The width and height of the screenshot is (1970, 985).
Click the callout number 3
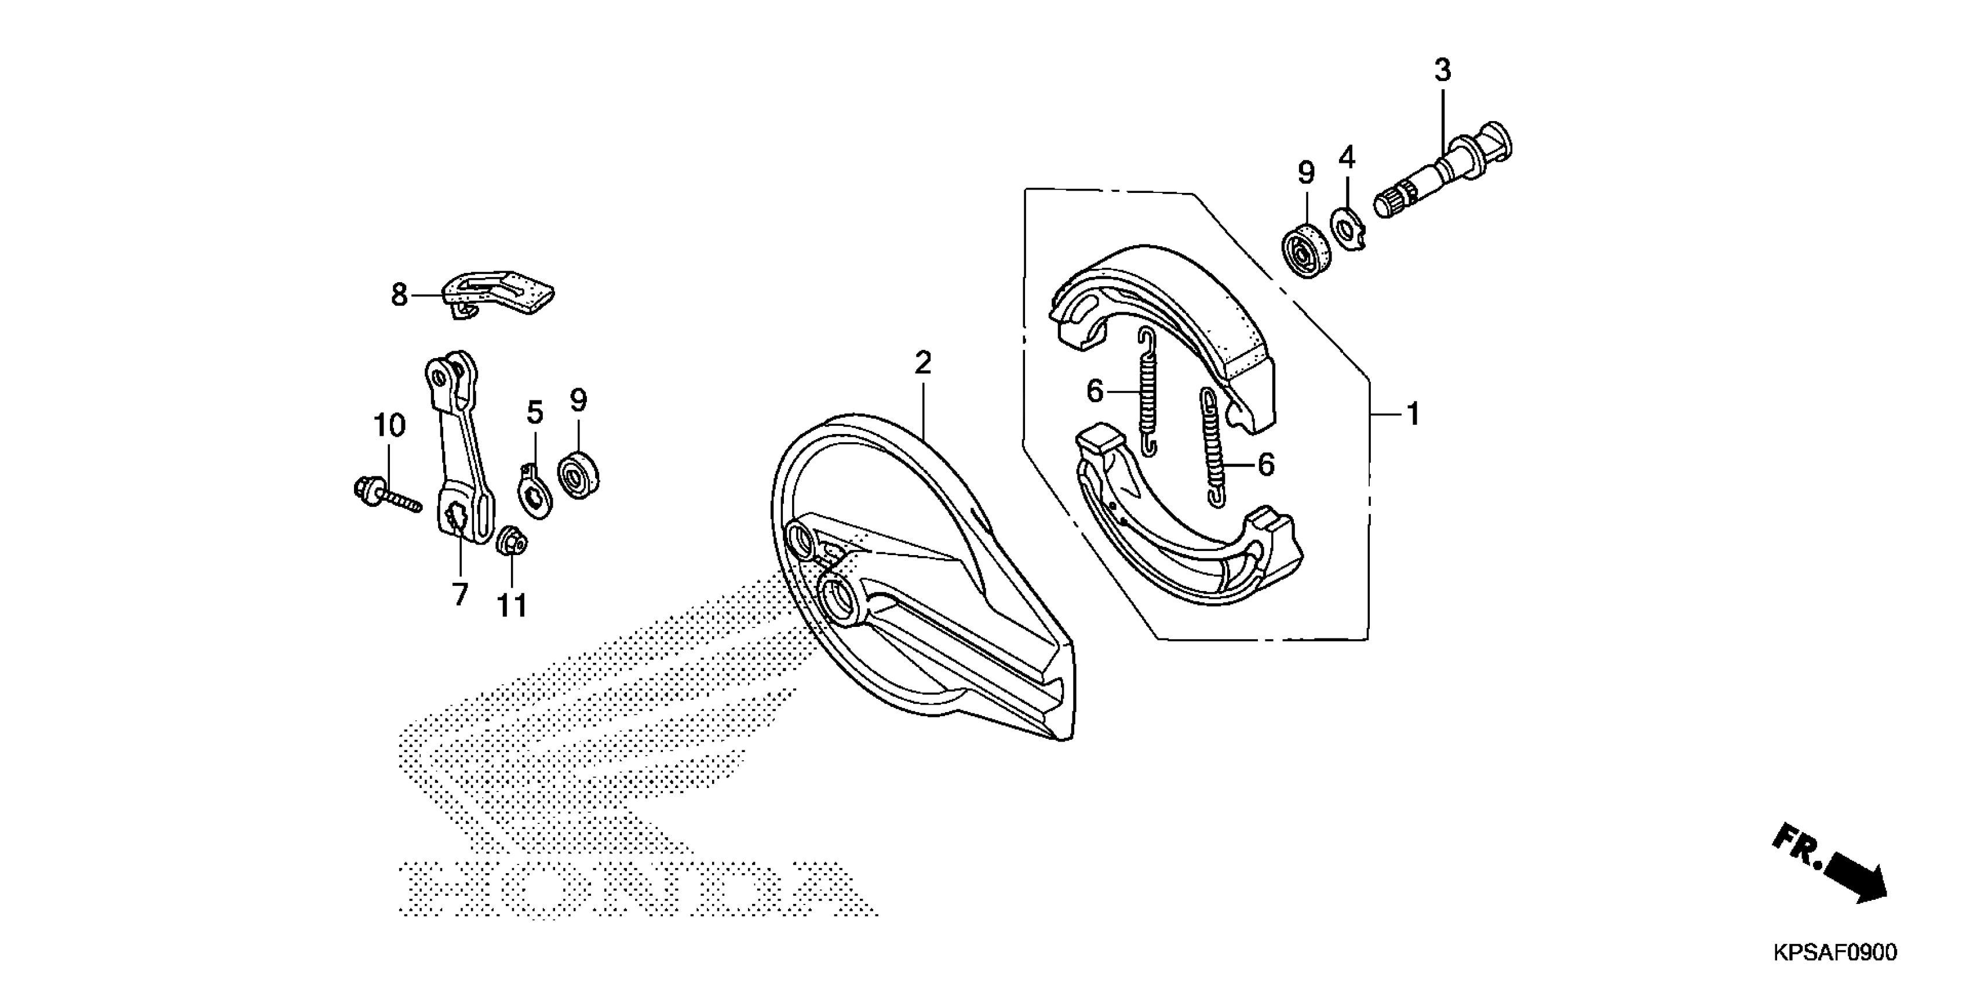tap(1442, 70)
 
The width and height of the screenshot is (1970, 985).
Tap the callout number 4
tap(1347, 158)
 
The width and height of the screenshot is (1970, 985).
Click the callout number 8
tap(399, 294)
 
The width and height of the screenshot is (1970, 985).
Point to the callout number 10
tap(389, 425)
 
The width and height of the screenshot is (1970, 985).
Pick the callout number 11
tap(512, 605)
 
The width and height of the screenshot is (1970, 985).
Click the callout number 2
tap(923, 363)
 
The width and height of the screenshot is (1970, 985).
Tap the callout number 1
tap(1413, 414)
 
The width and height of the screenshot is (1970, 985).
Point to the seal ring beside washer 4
tap(1306, 249)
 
